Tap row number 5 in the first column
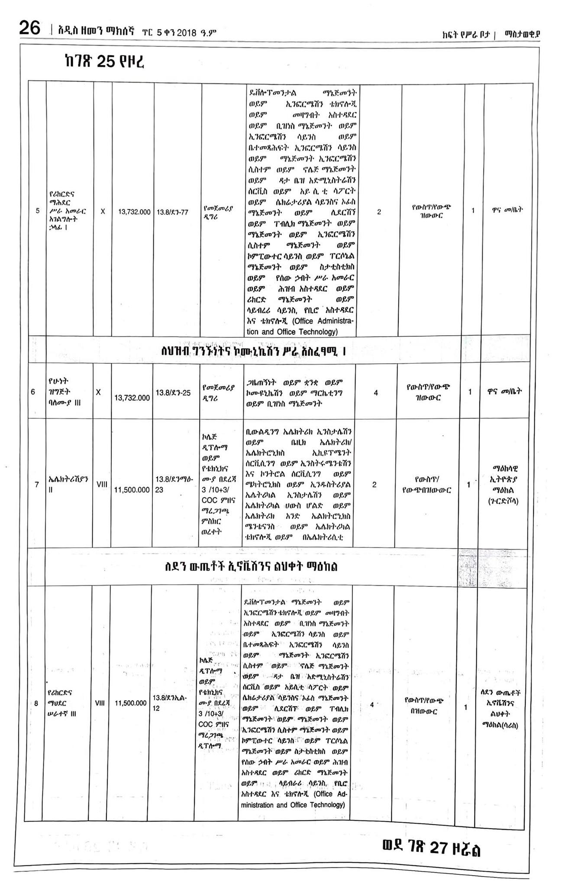(x=38, y=211)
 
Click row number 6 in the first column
(x=33, y=392)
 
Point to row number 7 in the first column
(x=37, y=485)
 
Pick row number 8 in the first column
(x=36, y=704)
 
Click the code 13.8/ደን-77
(x=172, y=212)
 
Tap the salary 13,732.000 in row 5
(x=134, y=212)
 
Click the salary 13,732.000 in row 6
(x=132, y=398)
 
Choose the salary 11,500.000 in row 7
(x=132, y=490)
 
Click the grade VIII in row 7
(x=102, y=485)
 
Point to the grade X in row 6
(x=98, y=392)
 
